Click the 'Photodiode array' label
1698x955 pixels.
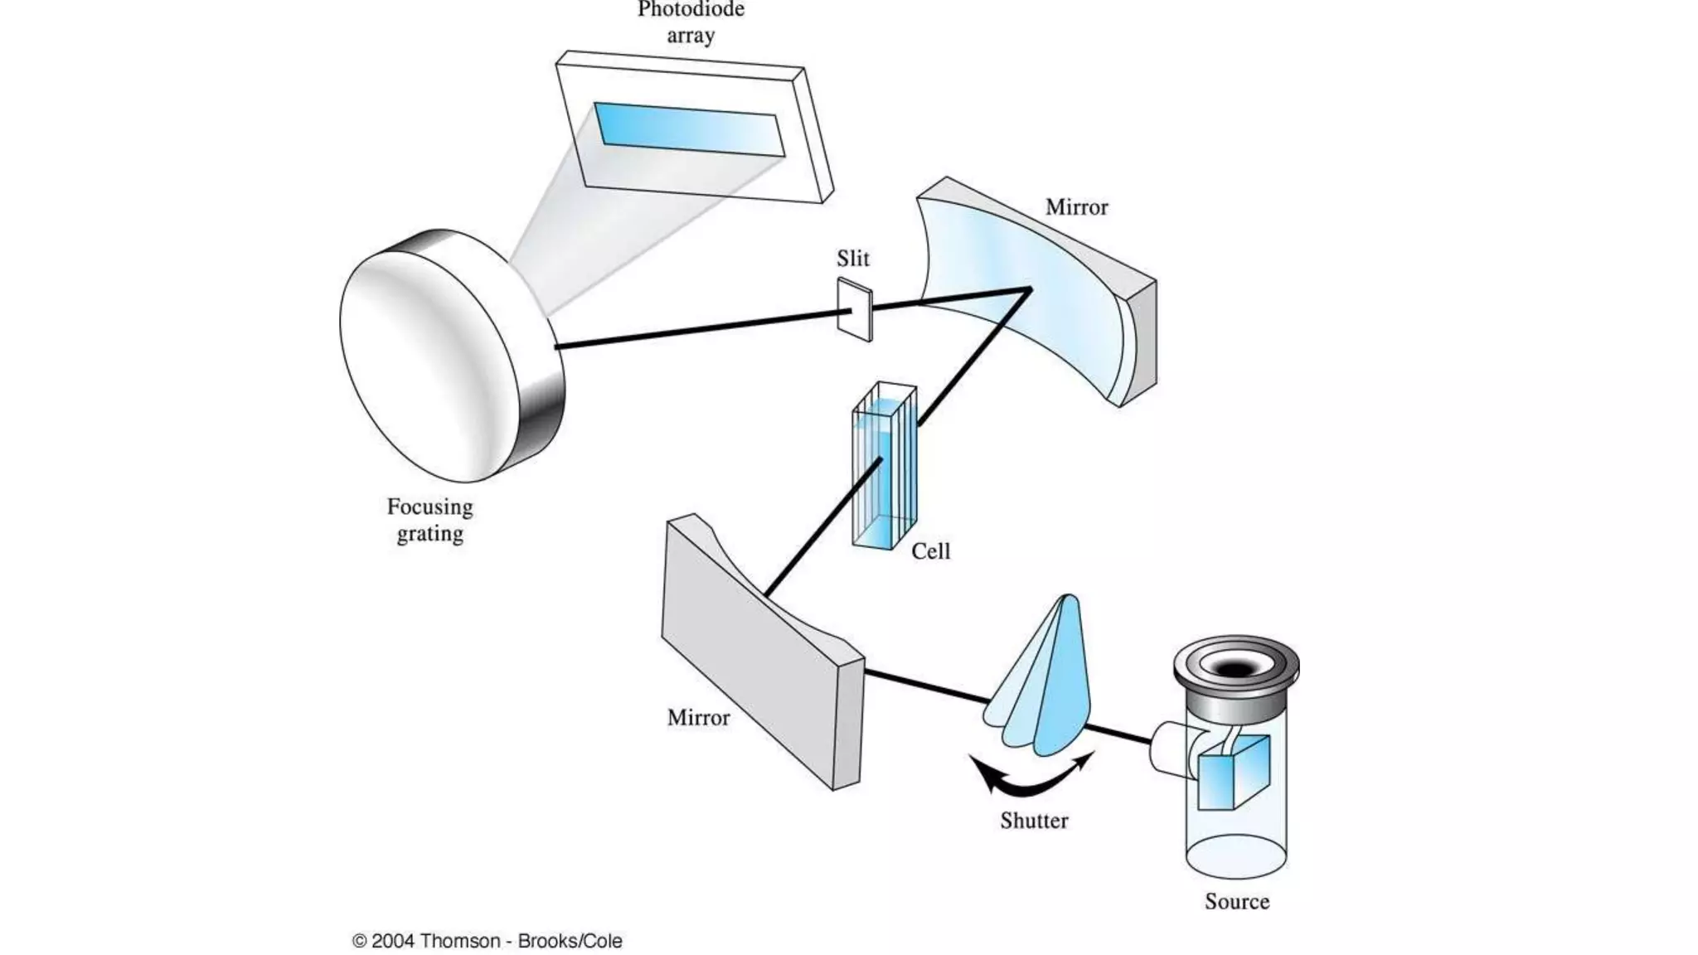coord(691,22)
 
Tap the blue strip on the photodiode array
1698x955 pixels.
coord(688,128)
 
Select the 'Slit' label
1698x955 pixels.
coord(852,259)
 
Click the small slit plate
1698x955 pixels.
coord(855,310)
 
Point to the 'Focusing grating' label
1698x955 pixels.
coord(429,520)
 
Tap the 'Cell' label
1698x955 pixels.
coord(930,551)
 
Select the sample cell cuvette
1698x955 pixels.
coord(885,468)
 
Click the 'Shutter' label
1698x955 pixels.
coord(1033,821)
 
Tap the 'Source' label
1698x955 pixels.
coord(1236,902)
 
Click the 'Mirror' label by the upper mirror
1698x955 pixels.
coord(1076,207)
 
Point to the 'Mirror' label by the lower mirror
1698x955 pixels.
coord(698,718)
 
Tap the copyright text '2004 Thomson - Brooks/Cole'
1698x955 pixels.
coord(488,941)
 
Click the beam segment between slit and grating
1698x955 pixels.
coord(696,329)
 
